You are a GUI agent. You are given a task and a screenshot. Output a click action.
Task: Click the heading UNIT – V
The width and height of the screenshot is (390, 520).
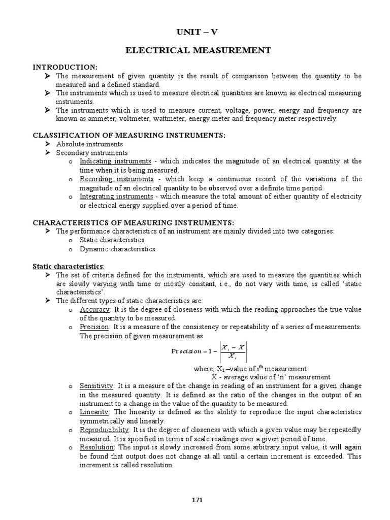[198, 32]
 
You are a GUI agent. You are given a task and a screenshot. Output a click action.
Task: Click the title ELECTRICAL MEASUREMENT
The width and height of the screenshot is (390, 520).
[198, 50]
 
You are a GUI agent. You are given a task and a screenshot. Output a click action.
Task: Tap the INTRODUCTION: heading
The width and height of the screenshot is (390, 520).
[65, 68]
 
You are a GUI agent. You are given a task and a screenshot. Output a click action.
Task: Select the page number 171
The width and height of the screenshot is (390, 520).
[198, 500]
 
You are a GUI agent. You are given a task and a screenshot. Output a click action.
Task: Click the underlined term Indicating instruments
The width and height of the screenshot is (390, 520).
[115, 161]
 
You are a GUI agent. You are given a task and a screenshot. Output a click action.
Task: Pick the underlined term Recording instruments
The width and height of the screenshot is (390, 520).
[116, 179]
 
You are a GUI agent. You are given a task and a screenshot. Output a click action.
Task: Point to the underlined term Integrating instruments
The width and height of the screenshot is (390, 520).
[116, 197]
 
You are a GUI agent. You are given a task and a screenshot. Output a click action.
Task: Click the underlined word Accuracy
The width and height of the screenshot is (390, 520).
[94, 309]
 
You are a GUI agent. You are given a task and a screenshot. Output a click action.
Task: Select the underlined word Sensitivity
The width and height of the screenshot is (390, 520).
[97, 386]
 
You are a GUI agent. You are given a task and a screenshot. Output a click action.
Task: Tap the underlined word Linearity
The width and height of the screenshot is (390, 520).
[94, 412]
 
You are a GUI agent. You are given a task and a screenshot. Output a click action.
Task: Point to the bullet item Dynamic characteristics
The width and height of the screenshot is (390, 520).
[117, 249]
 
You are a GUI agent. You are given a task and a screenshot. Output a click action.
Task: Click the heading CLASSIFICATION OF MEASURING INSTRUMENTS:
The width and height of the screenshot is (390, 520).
[129, 135]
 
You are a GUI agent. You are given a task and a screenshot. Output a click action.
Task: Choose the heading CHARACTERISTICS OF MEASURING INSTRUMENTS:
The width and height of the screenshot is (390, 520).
[133, 222]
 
